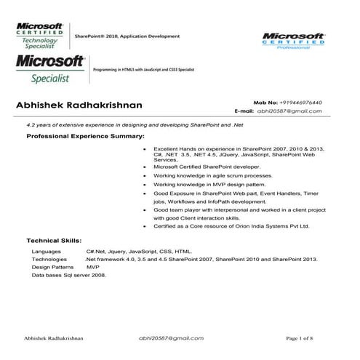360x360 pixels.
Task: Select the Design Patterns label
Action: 53,268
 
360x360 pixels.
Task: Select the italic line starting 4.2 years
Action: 129,125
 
